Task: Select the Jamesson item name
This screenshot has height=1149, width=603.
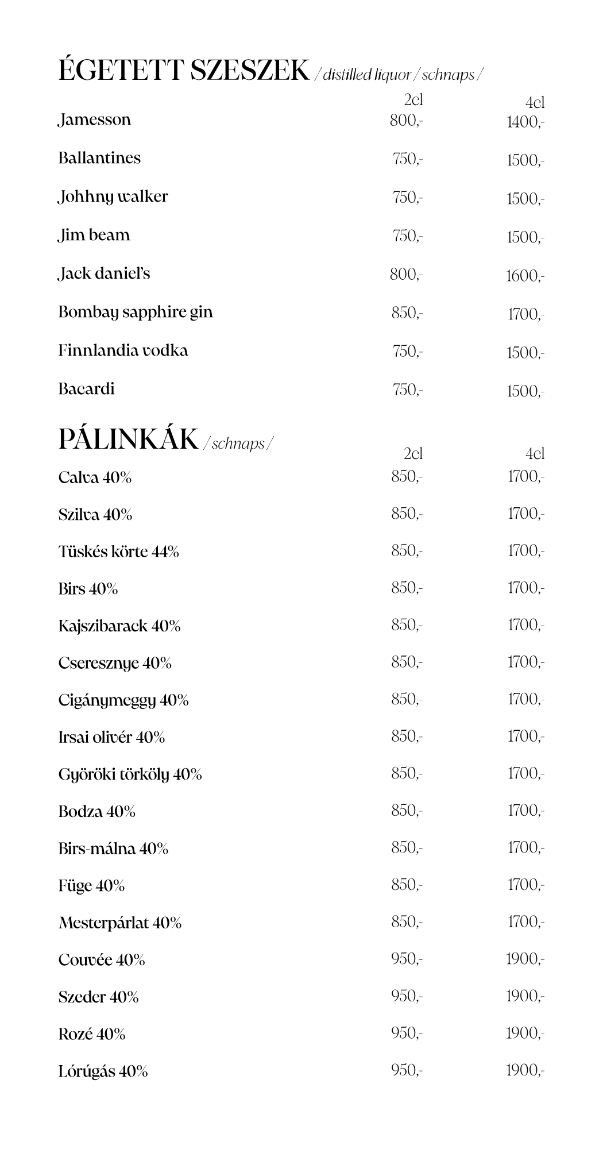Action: tap(95, 119)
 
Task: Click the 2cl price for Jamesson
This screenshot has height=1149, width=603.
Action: tap(406, 121)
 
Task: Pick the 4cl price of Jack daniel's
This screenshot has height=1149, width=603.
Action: tap(525, 276)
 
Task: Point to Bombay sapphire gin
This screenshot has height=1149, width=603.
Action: tap(136, 313)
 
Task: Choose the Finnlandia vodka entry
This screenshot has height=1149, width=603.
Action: tap(123, 350)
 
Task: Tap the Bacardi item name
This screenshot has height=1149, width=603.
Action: tap(86, 389)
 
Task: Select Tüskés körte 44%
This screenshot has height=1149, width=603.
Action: tap(118, 552)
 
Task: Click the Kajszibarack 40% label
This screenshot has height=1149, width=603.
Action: tap(119, 626)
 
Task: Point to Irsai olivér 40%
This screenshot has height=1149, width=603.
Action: tap(111, 737)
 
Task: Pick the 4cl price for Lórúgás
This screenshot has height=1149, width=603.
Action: tap(525, 1070)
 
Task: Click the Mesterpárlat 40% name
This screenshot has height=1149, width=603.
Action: tap(120, 923)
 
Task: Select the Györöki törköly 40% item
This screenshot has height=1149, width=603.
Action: tap(130, 774)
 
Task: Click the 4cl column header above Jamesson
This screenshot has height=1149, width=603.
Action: tap(535, 103)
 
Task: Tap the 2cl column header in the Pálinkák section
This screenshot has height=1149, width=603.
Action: tap(413, 454)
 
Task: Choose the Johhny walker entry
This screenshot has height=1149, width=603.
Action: tap(113, 196)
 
